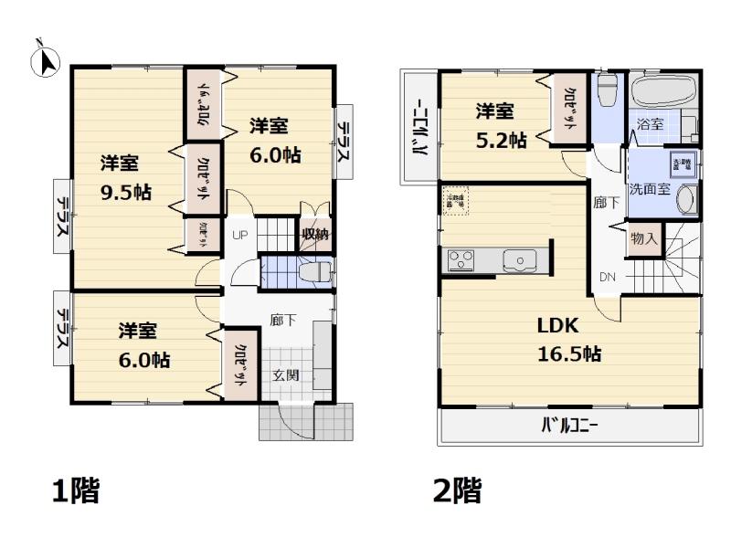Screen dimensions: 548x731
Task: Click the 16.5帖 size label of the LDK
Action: pos(568,354)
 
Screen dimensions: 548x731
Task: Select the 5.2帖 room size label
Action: pos(501,140)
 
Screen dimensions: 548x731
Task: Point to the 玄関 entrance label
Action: pos(284,375)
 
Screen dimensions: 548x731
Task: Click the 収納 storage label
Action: pos(315,235)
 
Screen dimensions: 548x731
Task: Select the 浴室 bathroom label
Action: pos(650,124)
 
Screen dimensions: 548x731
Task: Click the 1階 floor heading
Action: pos(74,491)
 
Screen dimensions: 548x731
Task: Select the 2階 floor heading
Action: pos(457,491)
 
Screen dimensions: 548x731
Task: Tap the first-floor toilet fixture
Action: pos(313,272)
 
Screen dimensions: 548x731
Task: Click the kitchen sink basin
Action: pos(520,261)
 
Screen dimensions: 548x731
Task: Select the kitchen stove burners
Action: pos(459,260)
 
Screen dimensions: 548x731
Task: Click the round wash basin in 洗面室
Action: pos(688,199)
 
